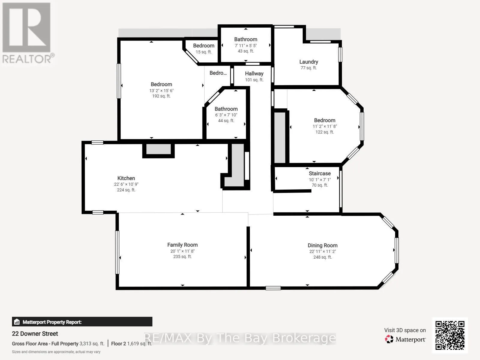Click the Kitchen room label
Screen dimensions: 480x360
126,178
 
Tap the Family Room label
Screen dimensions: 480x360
182,245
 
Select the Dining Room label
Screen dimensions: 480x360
322,245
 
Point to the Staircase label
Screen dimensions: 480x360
320,173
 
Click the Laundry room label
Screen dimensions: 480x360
309,62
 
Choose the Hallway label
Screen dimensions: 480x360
254,74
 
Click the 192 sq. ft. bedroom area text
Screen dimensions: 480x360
161,96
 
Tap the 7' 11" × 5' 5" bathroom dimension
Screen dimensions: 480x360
246,46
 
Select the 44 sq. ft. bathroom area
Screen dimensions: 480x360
226,120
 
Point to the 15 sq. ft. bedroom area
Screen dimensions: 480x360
204,52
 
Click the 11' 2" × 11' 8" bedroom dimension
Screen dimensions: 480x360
325,126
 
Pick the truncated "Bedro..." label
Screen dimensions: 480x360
218,73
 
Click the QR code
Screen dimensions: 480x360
450,335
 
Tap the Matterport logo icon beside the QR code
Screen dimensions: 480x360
389,339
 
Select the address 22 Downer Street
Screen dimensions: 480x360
35,334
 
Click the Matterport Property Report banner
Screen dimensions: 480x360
82,322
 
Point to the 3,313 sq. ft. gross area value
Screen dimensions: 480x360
92,343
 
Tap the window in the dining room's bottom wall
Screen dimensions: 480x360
273,288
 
